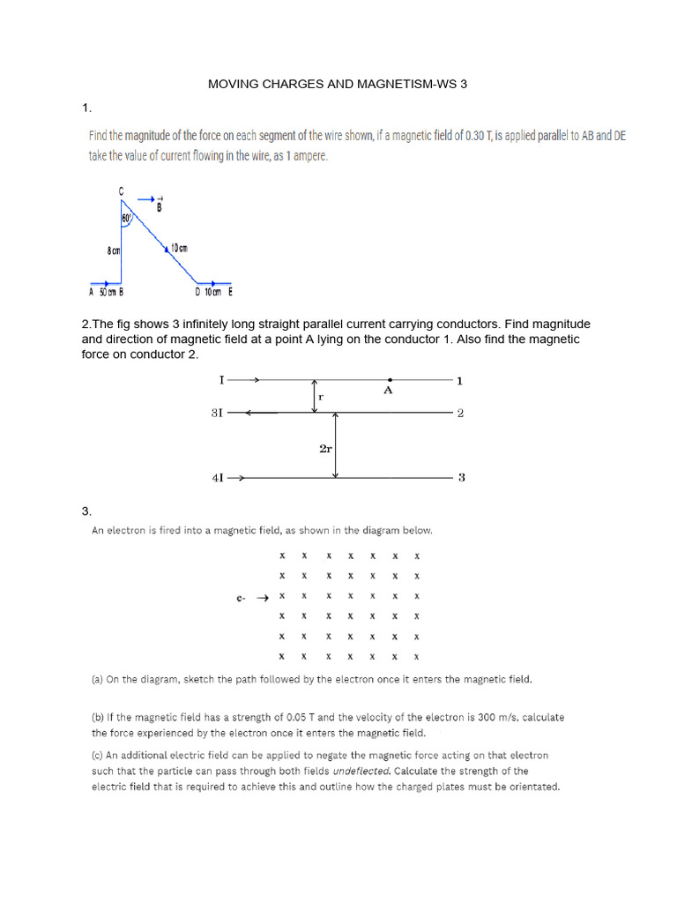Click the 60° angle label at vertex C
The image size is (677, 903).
127,217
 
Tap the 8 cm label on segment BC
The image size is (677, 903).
113,251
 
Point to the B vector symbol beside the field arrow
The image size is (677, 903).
159,208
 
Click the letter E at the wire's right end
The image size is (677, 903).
230,292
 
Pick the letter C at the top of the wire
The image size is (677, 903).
121,190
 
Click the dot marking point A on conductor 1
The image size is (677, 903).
390,380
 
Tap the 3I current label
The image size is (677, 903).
217,413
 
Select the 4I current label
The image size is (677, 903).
217,478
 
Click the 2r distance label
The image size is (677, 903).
324,448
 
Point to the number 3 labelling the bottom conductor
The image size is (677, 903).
461,478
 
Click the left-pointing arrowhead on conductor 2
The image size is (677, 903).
250,413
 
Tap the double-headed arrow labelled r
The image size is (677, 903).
314,396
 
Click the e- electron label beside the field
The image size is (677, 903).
241,599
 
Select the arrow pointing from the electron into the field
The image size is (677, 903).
262,598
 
